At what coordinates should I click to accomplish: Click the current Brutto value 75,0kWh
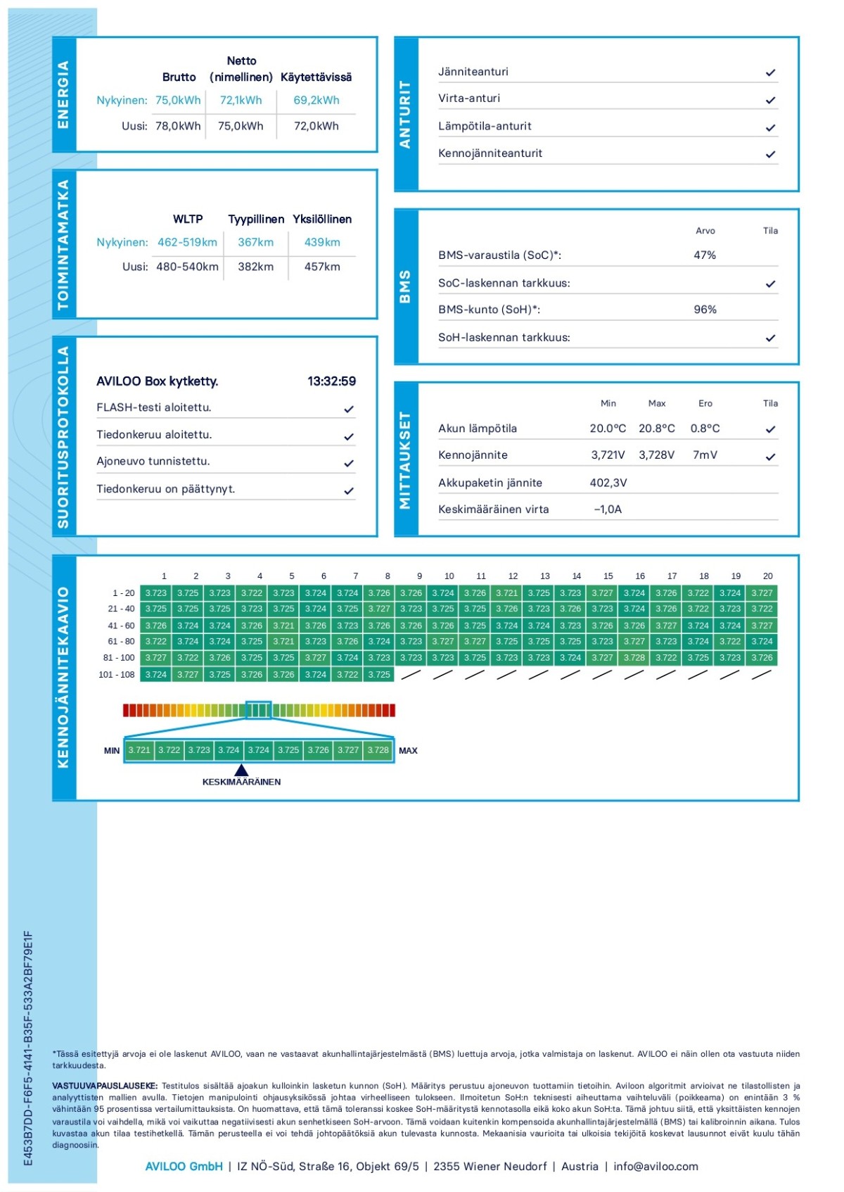pyautogui.click(x=178, y=101)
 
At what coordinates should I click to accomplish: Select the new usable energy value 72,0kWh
pyautogui.click(x=316, y=126)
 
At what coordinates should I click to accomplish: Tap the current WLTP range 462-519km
pyautogui.click(x=187, y=242)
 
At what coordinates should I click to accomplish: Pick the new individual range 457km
pyautogui.click(x=322, y=267)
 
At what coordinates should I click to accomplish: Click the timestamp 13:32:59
pyautogui.click(x=331, y=381)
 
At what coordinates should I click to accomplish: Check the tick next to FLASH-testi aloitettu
pyautogui.click(x=349, y=409)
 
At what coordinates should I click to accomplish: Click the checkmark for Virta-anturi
pyautogui.click(x=771, y=100)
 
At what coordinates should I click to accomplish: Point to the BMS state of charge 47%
pyautogui.click(x=705, y=255)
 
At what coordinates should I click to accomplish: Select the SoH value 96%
pyautogui.click(x=705, y=310)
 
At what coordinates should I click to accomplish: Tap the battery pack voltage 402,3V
pyautogui.click(x=608, y=483)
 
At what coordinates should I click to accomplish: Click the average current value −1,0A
pyautogui.click(x=608, y=509)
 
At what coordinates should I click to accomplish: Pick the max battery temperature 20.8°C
pyautogui.click(x=656, y=429)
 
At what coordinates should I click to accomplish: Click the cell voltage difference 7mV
pyautogui.click(x=705, y=455)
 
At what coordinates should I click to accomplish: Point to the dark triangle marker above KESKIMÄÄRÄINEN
pyautogui.click(x=241, y=770)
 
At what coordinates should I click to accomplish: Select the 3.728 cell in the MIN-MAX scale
pyautogui.click(x=378, y=750)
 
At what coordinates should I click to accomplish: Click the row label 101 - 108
pyautogui.click(x=116, y=675)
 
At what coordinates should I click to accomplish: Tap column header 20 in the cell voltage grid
pyautogui.click(x=767, y=576)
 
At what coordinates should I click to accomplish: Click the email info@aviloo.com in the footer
pyautogui.click(x=656, y=1166)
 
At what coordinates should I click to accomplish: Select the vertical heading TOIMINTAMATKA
pyautogui.click(x=63, y=244)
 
